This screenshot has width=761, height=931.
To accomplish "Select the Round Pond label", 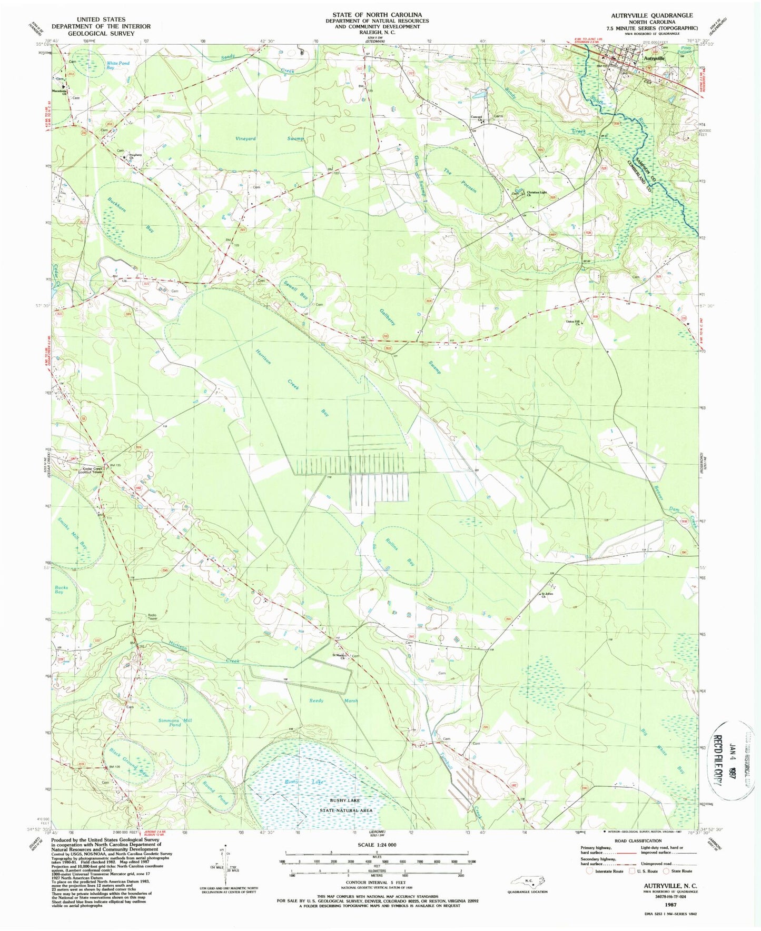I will coord(215,792).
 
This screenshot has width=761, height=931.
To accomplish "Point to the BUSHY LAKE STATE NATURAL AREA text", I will coord(347,806).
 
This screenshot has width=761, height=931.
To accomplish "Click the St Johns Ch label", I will coord(548,595).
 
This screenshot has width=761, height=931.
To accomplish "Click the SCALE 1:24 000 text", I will coord(378,845).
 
